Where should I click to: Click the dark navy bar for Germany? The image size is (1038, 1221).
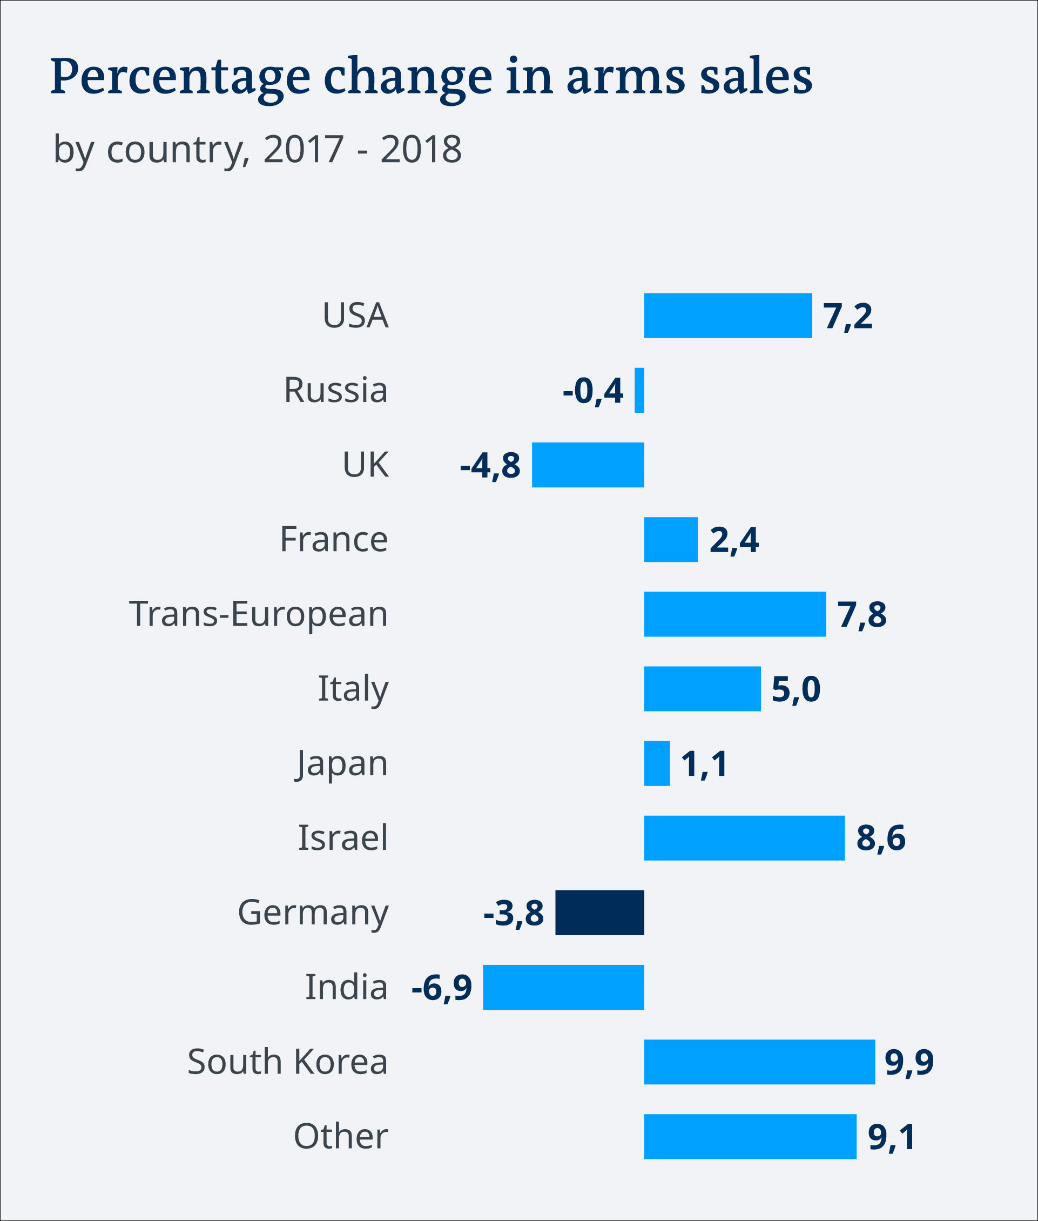click(x=599, y=913)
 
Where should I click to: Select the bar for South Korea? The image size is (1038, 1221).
click(x=759, y=1062)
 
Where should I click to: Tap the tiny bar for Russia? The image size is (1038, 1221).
click(x=639, y=390)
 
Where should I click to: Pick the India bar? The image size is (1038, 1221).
click(x=563, y=987)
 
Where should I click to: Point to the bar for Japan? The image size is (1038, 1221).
click(x=657, y=763)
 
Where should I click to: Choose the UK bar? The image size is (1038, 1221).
click(x=588, y=465)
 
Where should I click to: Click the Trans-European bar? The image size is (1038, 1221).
click(x=735, y=614)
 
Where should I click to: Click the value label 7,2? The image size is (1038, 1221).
click(x=847, y=316)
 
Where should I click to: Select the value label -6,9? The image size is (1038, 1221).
click(x=441, y=987)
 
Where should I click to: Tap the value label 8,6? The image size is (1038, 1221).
click(x=880, y=838)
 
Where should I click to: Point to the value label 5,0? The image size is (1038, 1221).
click(x=796, y=689)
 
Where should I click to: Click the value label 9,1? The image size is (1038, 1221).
click(x=892, y=1136)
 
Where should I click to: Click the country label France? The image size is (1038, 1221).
click(x=334, y=539)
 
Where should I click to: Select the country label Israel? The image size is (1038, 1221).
click(x=342, y=838)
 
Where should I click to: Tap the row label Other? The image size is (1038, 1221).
click(x=341, y=1136)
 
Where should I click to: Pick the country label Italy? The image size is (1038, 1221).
click(x=353, y=689)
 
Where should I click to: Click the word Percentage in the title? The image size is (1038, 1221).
click(x=180, y=78)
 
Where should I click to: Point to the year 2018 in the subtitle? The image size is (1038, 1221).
click(x=421, y=150)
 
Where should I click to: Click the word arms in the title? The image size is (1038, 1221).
click(x=625, y=78)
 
